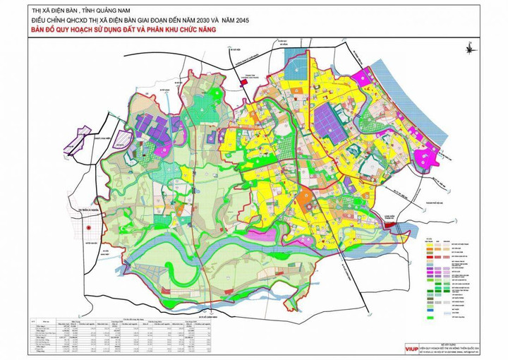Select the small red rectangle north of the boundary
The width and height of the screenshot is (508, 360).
[245, 83]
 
